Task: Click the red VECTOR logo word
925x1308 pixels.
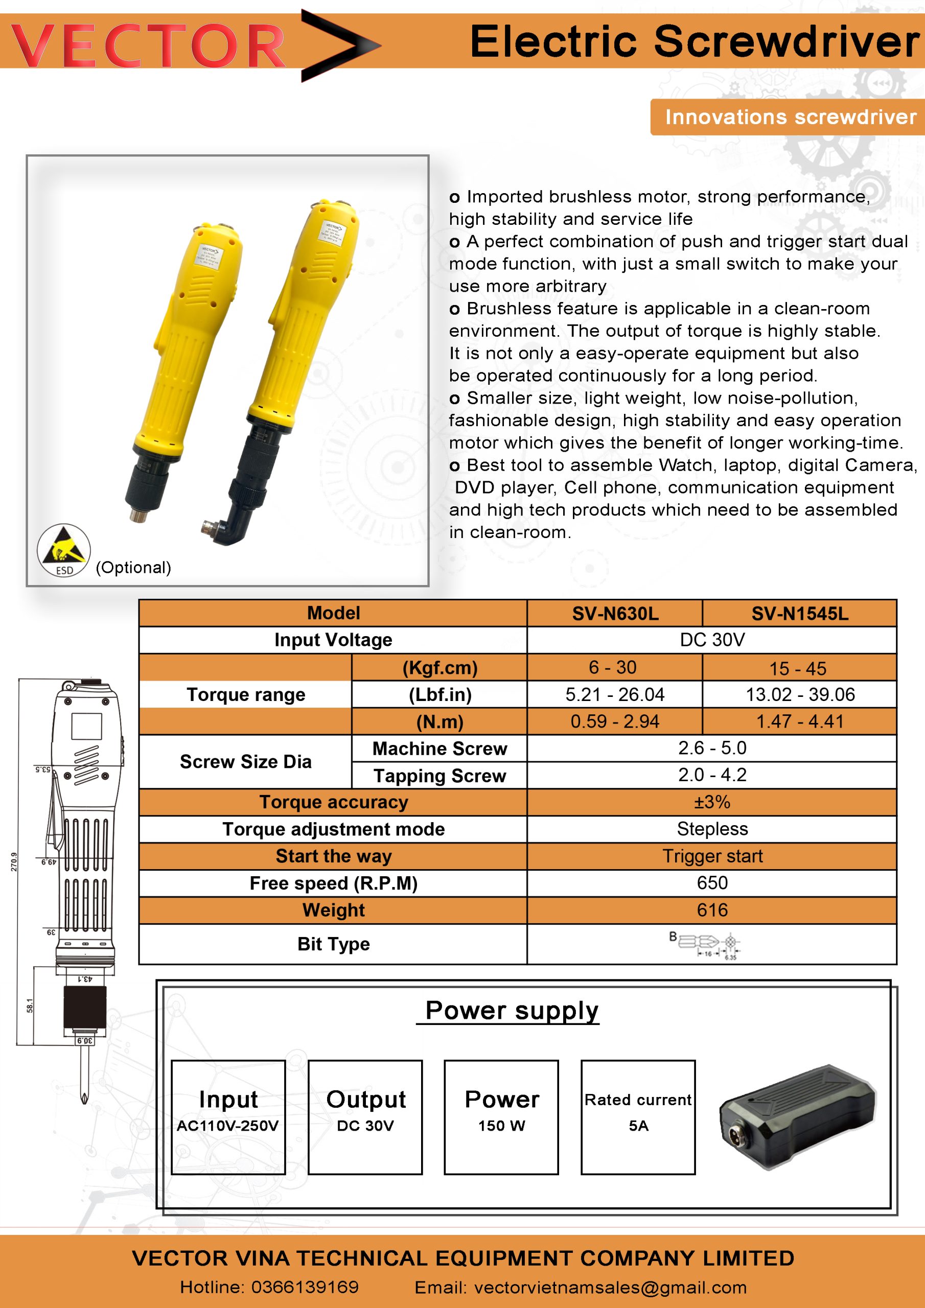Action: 148,45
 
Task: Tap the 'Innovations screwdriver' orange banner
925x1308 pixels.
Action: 790,117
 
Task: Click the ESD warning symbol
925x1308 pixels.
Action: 64,550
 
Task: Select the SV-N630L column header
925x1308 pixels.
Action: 615,614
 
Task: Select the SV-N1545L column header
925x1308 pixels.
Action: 799,614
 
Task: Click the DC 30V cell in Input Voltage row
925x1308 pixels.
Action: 712,640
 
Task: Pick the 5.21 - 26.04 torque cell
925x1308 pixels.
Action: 614,694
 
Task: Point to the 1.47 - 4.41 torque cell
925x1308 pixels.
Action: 799,721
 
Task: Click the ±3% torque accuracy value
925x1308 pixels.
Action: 712,802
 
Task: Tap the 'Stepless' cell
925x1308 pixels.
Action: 712,829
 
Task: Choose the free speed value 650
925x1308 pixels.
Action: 712,883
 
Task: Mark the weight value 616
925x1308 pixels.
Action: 712,910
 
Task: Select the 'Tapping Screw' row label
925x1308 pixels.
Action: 440,775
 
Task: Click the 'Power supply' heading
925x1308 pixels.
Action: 511,1011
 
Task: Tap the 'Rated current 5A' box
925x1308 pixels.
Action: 638,1116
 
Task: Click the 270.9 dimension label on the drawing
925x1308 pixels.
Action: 14,862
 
